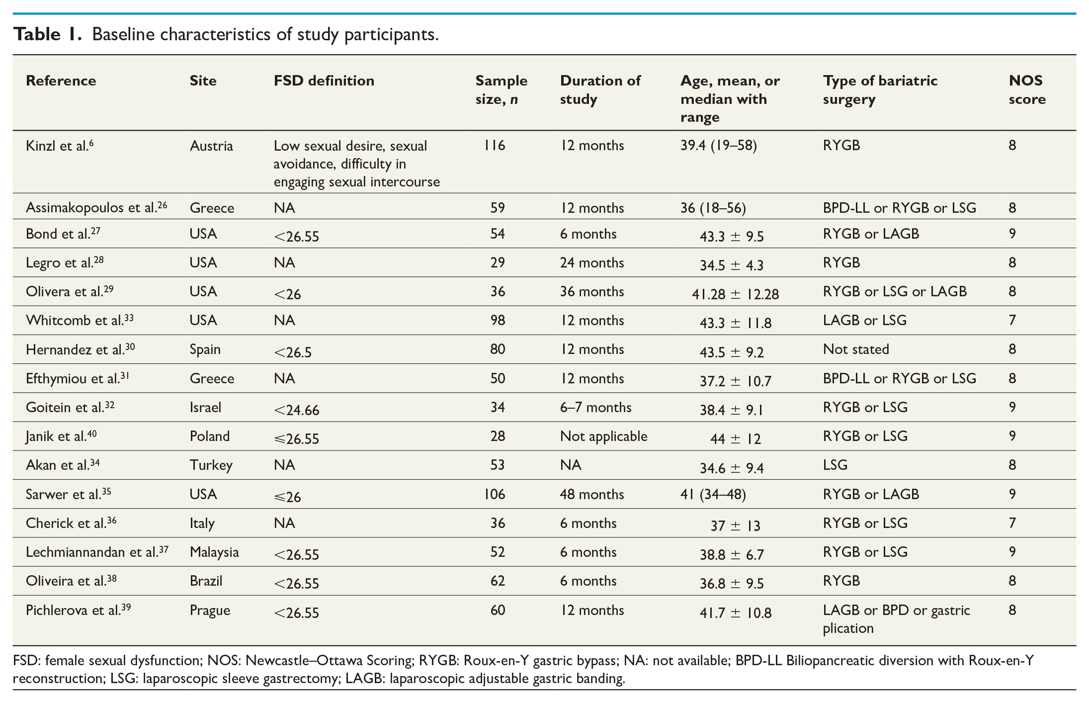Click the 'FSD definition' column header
324,81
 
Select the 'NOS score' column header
1027,89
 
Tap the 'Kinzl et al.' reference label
60,146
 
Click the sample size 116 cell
495,146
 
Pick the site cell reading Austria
211,146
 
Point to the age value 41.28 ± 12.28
735,294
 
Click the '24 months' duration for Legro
591,263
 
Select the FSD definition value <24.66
296,410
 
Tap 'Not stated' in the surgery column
856,349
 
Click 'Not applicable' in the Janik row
603,436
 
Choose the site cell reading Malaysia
214,552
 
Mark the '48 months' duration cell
591,494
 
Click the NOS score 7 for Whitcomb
1012,320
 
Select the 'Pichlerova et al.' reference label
78,610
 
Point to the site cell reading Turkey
211,465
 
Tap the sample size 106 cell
495,494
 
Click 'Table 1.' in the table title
47,34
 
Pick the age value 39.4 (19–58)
719,146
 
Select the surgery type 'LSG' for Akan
835,465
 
